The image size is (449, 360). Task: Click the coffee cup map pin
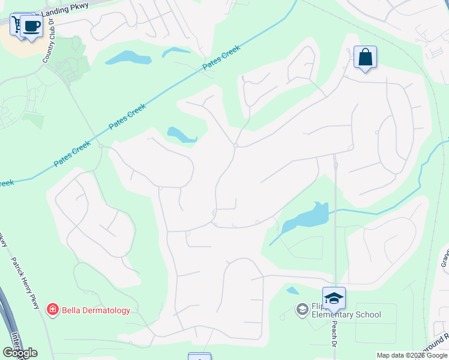(x=32, y=26)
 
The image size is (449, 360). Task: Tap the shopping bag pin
(x=365, y=58)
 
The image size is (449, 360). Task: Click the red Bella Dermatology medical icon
(x=52, y=310)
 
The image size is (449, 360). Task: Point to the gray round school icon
(x=303, y=310)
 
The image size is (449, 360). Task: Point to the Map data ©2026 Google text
(x=412, y=355)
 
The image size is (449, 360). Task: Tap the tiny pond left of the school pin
(x=292, y=291)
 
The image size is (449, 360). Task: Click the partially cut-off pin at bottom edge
(x=199, y=357)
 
